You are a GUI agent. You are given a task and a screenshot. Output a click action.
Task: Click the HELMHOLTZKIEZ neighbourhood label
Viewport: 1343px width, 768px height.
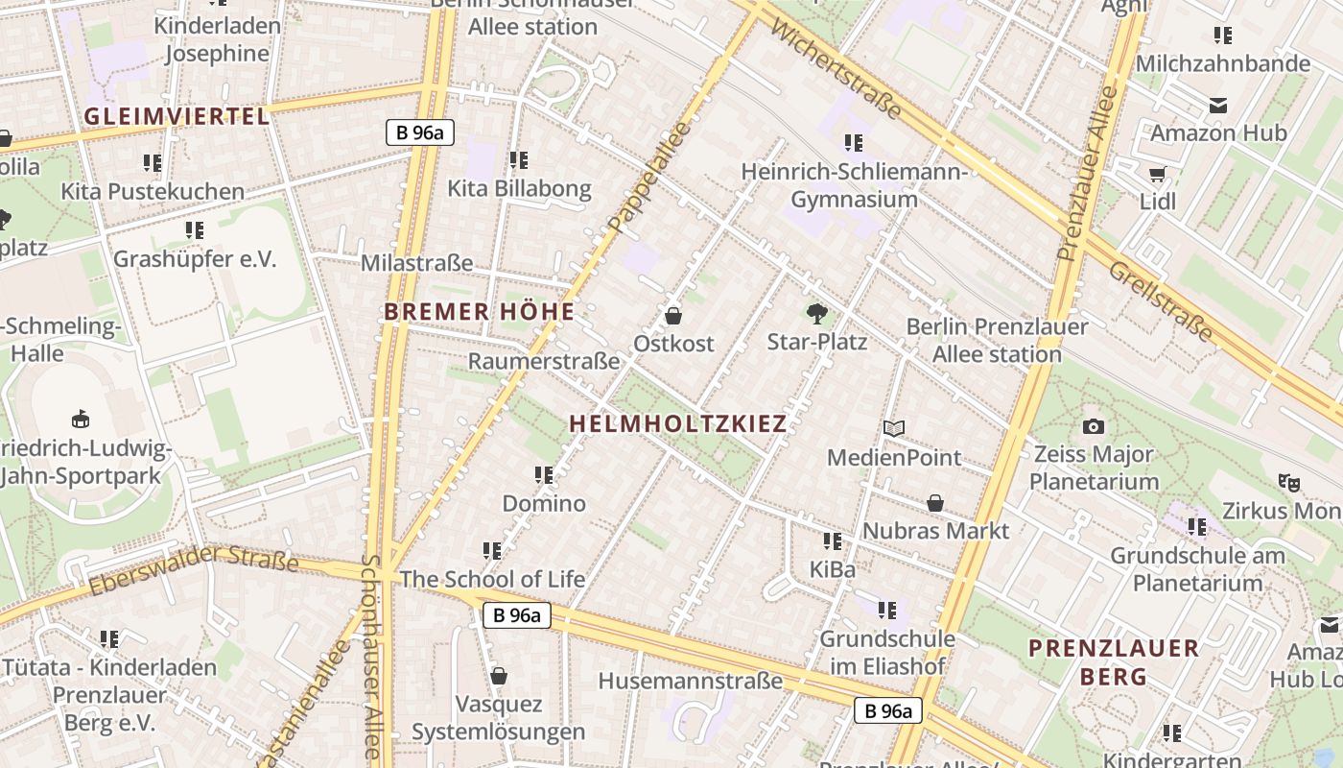(x=677, y=423)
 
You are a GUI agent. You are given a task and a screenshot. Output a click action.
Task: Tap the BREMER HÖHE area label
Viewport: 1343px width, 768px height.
(x=479, y=312)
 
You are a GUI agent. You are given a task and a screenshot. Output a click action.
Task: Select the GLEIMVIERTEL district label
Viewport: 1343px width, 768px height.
(x=177, y=117)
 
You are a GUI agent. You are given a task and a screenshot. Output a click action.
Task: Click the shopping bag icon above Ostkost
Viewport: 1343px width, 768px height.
(x=673, y=315)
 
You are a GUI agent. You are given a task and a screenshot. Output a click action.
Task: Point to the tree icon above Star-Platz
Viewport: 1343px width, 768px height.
(x=816, y=313)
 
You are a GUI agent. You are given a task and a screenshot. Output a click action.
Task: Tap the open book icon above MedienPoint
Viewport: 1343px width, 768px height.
(x=894, y=428)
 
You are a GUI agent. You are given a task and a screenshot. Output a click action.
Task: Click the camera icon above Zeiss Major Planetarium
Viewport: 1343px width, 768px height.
(x=1093, y=426)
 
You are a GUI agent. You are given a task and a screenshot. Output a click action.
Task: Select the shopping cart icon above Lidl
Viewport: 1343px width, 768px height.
(x=1157, y=174)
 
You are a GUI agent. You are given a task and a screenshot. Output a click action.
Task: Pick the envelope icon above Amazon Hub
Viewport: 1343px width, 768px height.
(x=1218, y=105)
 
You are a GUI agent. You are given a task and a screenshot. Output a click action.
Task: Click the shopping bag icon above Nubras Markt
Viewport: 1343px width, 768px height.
(x=935, y=503)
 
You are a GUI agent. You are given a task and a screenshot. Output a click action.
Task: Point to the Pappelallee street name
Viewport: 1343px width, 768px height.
(x=648, y=179)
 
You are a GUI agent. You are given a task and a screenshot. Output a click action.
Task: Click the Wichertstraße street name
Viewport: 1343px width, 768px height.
(x=835, y=65)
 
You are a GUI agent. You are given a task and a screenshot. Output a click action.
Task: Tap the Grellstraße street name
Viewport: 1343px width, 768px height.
(x=1161, y=300)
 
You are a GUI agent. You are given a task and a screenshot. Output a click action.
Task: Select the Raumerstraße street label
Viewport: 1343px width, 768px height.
(x=543, y=361)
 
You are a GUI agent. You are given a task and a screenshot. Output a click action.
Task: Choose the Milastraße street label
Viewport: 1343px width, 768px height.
(x=416, y=263)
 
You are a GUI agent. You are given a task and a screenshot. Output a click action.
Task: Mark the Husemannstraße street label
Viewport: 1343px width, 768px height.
(x=690, y=681)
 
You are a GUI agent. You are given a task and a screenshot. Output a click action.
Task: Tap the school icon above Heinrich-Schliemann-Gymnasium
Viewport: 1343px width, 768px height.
(x=854, y=143)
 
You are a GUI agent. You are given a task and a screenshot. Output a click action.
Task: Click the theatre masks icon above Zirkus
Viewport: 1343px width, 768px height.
(x=1288, y=482)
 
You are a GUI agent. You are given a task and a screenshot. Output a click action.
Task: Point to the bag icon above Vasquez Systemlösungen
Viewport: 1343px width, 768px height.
(x=498, y=676)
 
